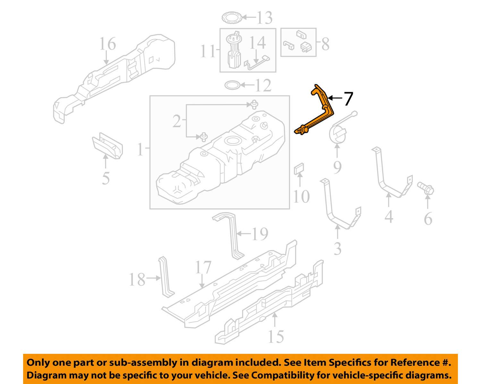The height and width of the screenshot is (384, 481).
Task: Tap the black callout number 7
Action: pyautogui.click(x=348, y=99)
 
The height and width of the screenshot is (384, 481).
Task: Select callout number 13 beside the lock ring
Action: pyautogui.click(x=265, y=18)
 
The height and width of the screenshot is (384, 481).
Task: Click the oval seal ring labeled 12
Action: pyautogui.click(x=233, y=85)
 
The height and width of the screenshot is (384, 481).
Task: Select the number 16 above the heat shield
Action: pyautogui.click(x=107, y=44)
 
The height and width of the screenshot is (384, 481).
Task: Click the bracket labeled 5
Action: pyautogui.click(x=108, y=146)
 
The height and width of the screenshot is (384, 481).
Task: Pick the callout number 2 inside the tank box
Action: pyautogui.click(x=177, y=121)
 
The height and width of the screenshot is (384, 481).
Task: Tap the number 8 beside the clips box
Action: pyautogui.click(x=325, y=44)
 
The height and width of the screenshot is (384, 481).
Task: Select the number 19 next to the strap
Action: pyautogui.click(x=260, y=234)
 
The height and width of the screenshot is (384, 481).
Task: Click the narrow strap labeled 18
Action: pyautogui.click(x=165, y=277)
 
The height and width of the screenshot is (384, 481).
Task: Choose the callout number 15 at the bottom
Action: pyautogui.click(x=276, y=337)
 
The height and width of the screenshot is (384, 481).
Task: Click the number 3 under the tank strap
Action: pyautogui.click(x=338, y=249)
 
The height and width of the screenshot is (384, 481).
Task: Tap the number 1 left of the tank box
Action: pyautogui.click(x=140, y=150)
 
